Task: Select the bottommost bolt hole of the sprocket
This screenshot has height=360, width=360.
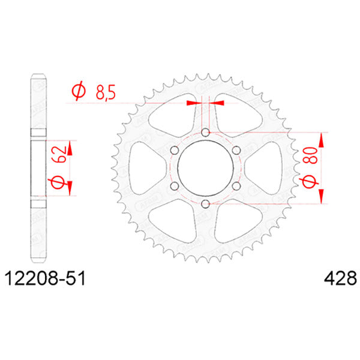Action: point(205,205)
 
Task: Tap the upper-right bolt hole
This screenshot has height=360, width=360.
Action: point(236,150)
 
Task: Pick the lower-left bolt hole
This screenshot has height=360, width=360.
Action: point(174,187)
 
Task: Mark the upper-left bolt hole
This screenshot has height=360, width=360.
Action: point(174,150)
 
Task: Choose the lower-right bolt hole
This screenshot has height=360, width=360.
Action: point(236,187)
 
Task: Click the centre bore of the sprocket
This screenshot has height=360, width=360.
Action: point(205,169)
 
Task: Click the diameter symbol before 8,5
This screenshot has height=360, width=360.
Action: point(78,92)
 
